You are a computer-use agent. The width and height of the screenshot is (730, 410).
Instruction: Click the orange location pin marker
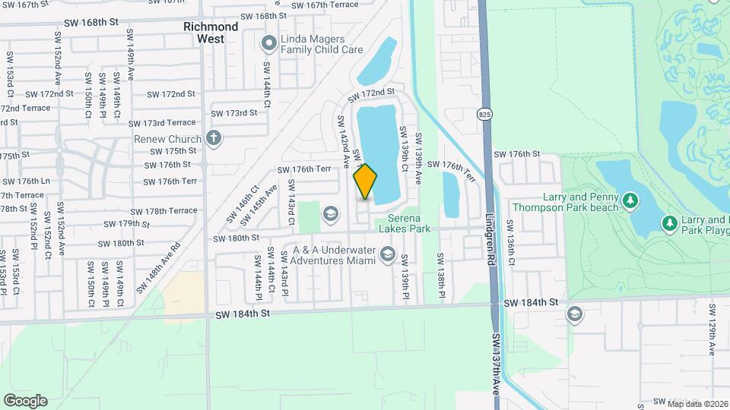click(366, 182)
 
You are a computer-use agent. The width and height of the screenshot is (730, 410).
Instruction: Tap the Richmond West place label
click(211, 32)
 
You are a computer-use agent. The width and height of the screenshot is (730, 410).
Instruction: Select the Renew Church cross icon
click(214, 138)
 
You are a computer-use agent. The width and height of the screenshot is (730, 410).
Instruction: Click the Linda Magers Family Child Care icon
click(268, 44)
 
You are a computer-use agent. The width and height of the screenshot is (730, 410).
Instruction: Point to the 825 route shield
click(484, 115)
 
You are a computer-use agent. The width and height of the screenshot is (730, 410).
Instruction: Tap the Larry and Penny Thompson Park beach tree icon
click(630, 200)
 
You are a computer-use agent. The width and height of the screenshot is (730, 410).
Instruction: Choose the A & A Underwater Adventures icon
click(388, 254)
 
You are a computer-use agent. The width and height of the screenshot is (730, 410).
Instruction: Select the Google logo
click(25, 400)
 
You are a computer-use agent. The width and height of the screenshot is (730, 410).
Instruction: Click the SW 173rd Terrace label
click(162, 123)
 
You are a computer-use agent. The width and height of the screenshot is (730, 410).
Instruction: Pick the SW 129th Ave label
click(712, 329)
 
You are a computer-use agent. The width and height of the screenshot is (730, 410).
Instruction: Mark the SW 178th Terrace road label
click(163, 211)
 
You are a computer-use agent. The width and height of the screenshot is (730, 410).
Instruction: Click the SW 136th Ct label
click(511, 243)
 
